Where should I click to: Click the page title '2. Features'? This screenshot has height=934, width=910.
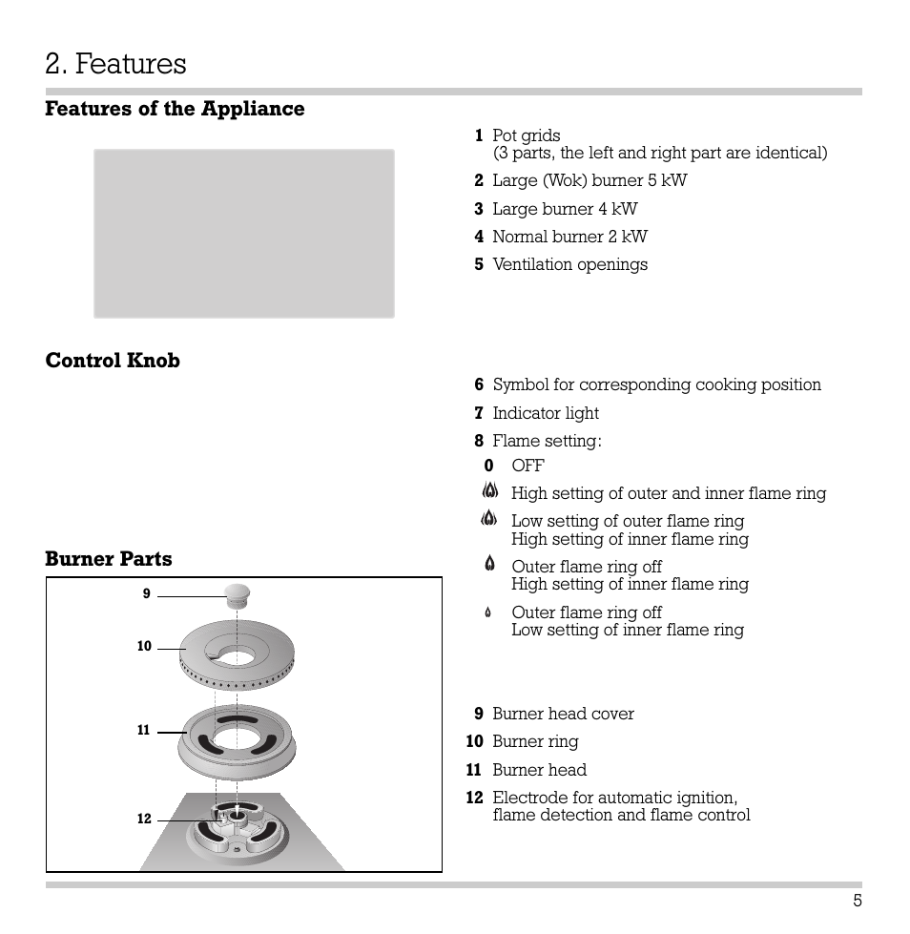[115, 64]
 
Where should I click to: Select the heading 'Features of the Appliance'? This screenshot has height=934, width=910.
[175, 109]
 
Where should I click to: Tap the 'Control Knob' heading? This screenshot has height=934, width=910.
[113, 361]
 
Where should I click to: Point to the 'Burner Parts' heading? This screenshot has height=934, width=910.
[109, 559]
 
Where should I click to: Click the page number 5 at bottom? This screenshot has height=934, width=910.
[858, 901]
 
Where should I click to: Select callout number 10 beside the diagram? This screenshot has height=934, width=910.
[144, 647]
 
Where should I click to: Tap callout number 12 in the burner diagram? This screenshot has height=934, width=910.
[144, 820]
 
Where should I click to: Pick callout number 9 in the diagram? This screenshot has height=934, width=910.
[147, 593]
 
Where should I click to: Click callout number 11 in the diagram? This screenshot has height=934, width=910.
[144, 731]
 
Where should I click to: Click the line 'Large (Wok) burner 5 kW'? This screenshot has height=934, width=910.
[589, 180]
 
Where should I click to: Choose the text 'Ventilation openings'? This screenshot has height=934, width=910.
[569, 264]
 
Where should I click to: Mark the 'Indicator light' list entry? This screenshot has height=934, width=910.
[546, 413]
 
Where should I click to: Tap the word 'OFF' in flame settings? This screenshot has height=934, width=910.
[527, 466]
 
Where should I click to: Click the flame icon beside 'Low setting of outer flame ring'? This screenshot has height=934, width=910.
[489, 520]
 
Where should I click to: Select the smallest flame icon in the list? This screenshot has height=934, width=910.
[488, 612]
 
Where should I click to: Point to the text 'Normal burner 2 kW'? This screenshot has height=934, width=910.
[569, 237]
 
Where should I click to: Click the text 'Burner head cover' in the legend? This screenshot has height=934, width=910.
[563, 714]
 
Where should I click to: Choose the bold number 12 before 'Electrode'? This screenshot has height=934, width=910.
[475, 798]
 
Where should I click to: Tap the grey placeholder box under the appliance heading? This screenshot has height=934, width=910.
[243, 234]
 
